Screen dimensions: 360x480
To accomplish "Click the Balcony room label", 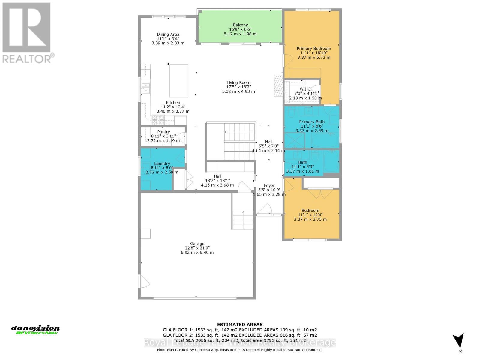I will pos(240,25).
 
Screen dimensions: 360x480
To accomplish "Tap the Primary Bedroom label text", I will pos(314,49).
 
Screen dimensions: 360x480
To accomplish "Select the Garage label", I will pos(197,244).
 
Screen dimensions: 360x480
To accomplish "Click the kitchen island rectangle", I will pos(179,81).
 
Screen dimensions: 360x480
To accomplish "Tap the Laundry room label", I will pos(162,163).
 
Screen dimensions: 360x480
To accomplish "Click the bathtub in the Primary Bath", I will pos(325,140).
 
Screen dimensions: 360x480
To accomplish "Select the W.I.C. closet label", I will pos(305,89).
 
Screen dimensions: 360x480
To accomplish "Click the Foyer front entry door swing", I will pos(265,209).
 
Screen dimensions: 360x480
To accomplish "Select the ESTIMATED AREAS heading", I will pos(240,325).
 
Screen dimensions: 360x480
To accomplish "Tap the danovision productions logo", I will pos(35,330).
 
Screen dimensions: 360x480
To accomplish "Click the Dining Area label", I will pos(168,34).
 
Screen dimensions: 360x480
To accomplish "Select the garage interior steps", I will pos(243,220).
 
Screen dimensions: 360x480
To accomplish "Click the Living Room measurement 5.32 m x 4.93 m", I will pos(238,91).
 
